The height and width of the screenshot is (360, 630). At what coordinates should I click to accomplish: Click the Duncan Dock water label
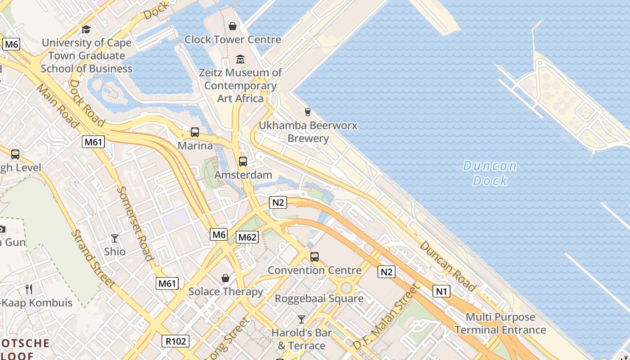490,173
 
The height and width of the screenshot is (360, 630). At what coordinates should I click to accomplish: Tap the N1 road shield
441,291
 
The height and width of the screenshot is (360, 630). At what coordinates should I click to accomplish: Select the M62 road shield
247,237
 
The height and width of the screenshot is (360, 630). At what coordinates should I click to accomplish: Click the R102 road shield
175,341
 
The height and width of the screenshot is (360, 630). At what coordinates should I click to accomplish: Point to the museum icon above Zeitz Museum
240,59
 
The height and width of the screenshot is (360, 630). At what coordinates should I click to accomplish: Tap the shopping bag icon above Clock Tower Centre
233,26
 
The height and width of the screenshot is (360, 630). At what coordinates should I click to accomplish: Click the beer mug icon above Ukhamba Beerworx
308,112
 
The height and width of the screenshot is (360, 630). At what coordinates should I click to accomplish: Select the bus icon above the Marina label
195,132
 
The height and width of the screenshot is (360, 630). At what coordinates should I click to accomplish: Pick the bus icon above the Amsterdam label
243,161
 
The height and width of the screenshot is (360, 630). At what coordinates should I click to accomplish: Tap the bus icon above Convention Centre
314,257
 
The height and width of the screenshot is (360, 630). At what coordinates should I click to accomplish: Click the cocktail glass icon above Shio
115,238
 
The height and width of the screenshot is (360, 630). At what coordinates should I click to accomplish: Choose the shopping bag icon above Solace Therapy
225,279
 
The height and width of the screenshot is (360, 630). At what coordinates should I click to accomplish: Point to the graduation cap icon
86,30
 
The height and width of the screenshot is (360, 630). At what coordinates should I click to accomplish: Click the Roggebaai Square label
319,298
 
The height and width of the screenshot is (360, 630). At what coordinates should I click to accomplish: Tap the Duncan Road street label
448,266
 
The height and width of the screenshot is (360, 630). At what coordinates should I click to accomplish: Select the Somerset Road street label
135,223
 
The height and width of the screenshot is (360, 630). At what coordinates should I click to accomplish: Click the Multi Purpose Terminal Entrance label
500,324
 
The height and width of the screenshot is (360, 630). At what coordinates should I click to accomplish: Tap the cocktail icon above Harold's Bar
301,319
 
